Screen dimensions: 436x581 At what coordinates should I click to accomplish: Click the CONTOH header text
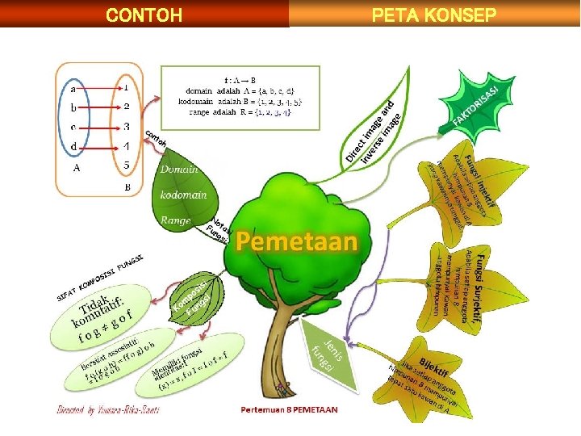click(x=144, y=15)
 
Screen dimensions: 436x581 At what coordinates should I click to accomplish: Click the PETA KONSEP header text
click(x=433, y=15)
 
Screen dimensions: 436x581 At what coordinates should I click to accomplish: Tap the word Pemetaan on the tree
click(x=296, y=241)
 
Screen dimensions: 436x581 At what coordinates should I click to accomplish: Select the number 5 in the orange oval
click(x=127, y=166)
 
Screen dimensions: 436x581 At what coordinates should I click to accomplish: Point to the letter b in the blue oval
click(x=74, y=107)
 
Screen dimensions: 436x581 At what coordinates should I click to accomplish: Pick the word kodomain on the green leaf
click(x=183, y=195)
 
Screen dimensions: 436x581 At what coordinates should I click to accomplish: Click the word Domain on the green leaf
click(x=178, y=170)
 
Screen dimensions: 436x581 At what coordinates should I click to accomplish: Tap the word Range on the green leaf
click(x=175, y=220)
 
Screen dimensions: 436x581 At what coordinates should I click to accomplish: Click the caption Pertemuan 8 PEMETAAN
click(x=289, y=409)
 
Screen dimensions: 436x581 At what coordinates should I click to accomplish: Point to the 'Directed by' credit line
click(x=107, y=409)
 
